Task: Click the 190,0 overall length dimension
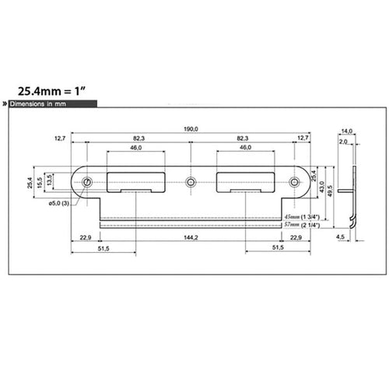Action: (x=191, y=129)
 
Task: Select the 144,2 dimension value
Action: (x=191, y=237)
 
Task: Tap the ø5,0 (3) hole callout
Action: (x=59, y=203)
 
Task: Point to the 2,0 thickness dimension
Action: (x=343, y=142)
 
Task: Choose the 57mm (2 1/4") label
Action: (x=303, y=224)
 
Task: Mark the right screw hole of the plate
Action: (x=295, y=183)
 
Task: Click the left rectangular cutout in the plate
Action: (x=136, y=181)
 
